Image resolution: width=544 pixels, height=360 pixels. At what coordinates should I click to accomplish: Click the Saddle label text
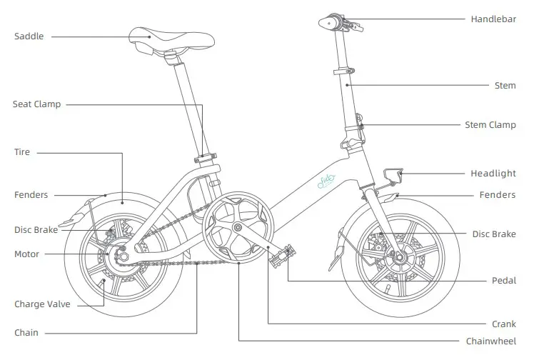pos(29,36)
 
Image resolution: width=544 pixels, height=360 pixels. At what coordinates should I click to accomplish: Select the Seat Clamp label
pos(37,104)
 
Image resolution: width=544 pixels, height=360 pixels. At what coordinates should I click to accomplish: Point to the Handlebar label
pos(493,19)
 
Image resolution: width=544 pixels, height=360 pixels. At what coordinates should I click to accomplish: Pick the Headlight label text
pos(493,174)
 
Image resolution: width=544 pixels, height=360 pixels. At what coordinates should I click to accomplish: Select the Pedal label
pos(503,281)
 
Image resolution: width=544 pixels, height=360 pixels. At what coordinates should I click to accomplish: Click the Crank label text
pos(503,324)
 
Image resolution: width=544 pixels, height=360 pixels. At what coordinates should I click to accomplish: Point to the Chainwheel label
pos(492,341)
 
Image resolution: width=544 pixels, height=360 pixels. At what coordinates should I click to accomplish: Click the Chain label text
pos(26,333)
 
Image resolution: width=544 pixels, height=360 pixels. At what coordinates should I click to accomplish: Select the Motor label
pos(27,254)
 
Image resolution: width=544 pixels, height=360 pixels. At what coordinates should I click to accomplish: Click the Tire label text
pos(22,152)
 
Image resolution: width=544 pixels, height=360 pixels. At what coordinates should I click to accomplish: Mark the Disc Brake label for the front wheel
pos(493,234)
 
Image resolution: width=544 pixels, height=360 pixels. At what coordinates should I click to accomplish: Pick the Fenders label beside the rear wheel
pos(31,195)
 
